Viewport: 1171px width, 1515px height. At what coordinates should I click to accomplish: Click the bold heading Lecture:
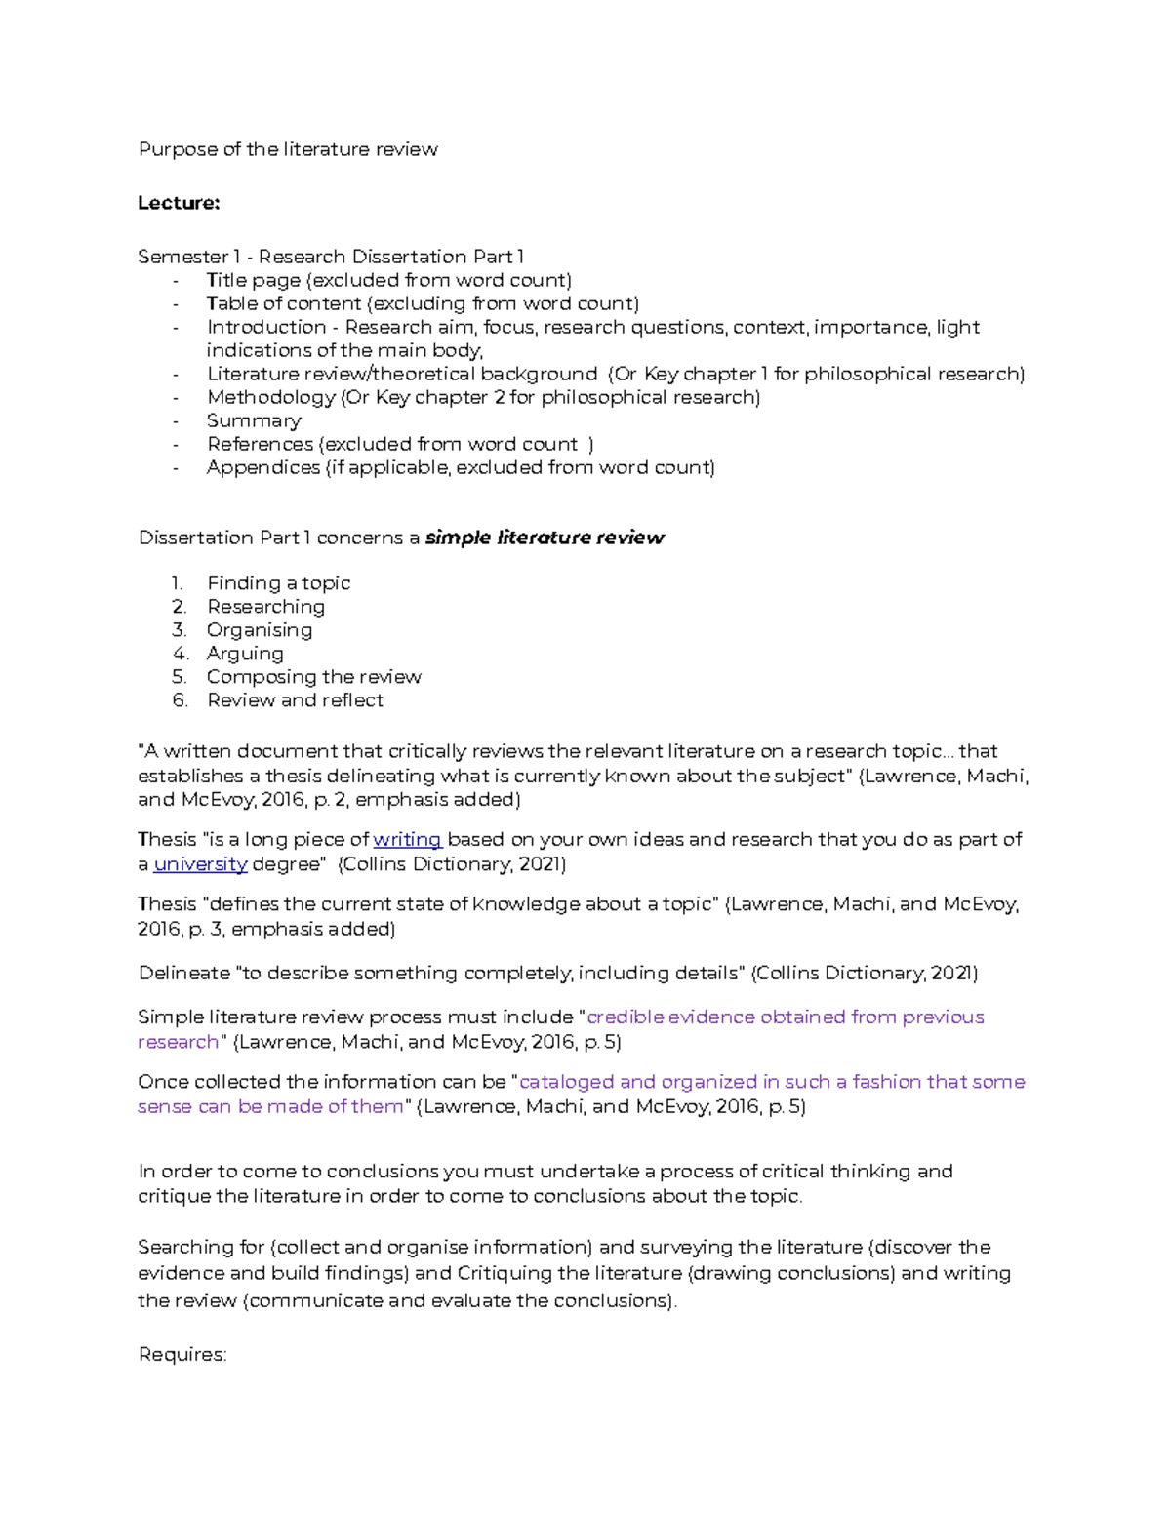point(179,203)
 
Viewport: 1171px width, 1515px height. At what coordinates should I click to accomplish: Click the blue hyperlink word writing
point(407,839)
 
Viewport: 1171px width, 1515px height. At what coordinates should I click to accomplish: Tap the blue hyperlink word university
point(200,864)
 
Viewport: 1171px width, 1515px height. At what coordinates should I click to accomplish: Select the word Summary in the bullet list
point(254,420)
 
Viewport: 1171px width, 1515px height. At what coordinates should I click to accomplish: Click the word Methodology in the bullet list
point(270,397)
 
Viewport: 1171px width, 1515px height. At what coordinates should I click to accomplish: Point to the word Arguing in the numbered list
point(245,654)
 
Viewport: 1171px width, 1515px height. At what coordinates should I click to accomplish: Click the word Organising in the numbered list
point(260,630)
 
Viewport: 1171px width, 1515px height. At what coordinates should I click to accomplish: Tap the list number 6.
point(179,700)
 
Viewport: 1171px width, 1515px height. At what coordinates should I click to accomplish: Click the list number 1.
point(177,583)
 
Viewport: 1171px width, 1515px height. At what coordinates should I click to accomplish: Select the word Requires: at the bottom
point(182,1354)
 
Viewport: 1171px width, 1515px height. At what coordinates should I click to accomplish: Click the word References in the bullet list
point(260,444)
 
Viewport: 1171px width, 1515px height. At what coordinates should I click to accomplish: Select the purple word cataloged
point(566,1081)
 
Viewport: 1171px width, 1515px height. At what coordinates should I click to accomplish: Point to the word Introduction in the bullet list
point(266,327)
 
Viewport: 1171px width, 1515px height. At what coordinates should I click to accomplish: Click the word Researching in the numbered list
point(265,607)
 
